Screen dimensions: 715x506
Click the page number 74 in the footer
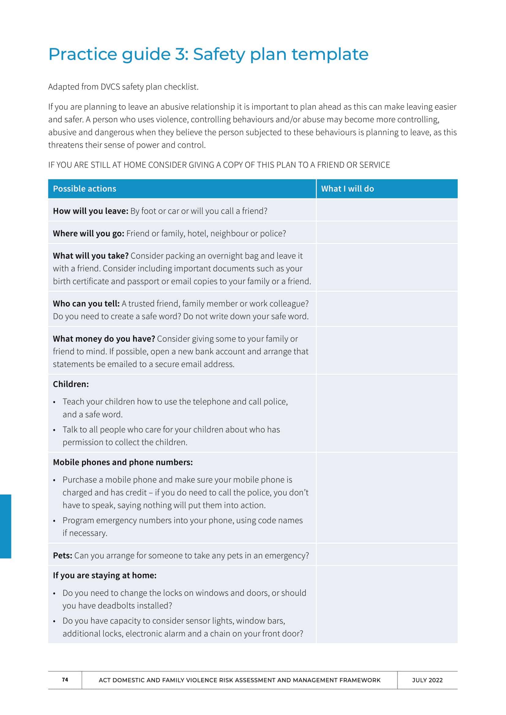65,680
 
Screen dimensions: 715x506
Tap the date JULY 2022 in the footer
427,680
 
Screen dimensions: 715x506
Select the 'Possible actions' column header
84,189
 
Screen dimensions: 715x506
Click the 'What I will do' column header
348,189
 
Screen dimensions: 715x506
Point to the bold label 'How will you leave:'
90,211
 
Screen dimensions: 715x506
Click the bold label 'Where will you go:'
88,234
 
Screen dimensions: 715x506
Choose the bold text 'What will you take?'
91,256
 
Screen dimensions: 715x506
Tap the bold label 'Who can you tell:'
86,304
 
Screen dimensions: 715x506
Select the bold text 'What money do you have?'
104,339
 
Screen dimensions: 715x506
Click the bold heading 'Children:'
71,384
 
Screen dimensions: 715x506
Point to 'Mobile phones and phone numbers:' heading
123,463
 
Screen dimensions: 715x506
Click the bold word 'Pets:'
62,555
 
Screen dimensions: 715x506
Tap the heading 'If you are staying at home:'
105,576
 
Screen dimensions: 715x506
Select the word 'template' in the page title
330,54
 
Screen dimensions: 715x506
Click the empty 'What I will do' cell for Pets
387,555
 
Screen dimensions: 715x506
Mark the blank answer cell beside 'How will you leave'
387,211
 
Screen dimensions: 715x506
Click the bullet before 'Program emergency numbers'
54,521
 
